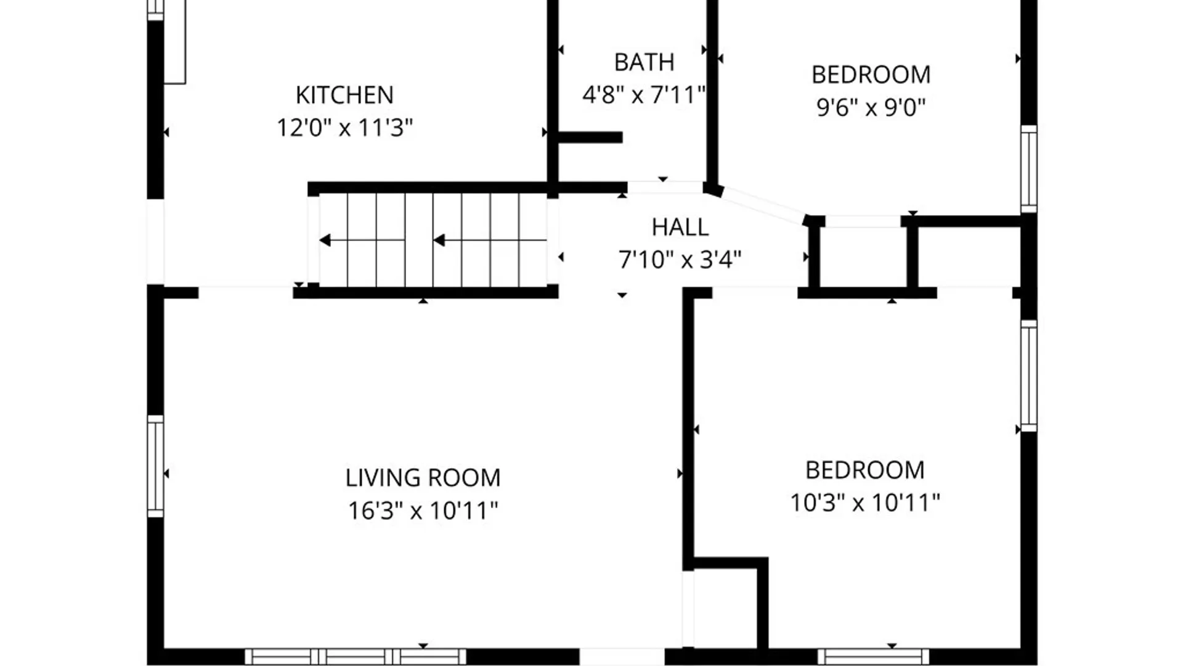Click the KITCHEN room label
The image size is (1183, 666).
pos(344,95)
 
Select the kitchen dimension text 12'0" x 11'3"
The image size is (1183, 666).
pos(344,128)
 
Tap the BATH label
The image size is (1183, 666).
pos(644,62)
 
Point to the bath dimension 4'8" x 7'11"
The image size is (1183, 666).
pos(644,95)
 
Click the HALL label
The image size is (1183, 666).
pos(680,228)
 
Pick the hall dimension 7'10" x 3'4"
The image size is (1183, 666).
pos(680,260)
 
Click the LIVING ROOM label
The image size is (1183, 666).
pos(423,478)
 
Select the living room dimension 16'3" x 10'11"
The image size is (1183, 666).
pos(423,511)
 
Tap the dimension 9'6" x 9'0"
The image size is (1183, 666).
pos(871,107)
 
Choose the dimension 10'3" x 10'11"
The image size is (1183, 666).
pos(864,503)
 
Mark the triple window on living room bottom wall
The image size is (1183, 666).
pos(356,656)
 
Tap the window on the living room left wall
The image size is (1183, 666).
pos(156,466)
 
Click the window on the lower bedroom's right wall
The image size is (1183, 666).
pos(1028,375)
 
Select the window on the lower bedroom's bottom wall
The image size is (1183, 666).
pos(873,656)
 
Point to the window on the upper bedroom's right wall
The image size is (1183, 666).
pos(1028,168)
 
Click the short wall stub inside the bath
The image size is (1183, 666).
pos(590,138)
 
